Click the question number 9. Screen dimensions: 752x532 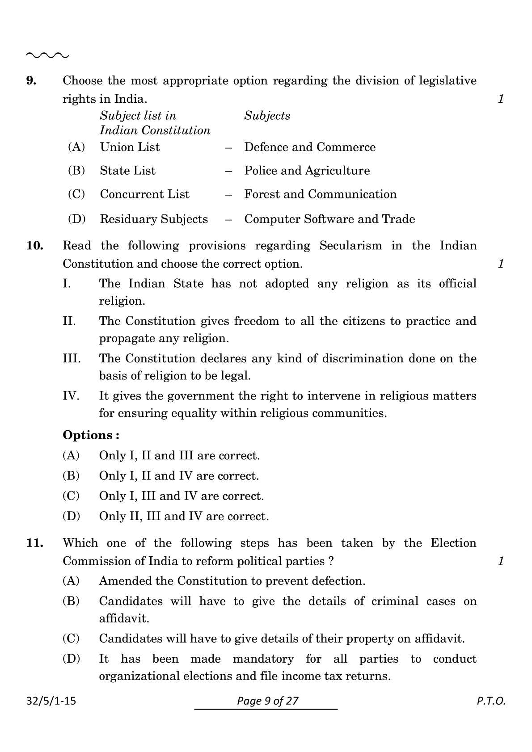(x=31, y=81)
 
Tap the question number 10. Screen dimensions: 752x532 (x=35, y=246)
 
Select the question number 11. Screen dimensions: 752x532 (x=35, y=543)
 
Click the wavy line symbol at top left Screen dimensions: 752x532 (x=47, y=55)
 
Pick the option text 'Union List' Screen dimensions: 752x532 (x=130, y=147)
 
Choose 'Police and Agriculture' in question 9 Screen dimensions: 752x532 (x=307, y=171)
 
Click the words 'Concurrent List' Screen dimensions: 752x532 (x=144, y=194)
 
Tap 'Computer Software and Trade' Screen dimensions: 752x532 (x=329, y=219)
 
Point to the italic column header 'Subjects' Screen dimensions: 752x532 (x=267, y=116)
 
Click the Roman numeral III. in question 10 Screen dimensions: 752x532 (x=72, y=358)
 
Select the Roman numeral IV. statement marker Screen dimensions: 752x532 (x=71, y=396)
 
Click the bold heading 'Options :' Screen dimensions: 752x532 (x=91, y=435)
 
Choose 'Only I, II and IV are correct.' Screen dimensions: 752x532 (x=179, y=476)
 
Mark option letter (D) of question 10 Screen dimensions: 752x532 (x=71, y=516)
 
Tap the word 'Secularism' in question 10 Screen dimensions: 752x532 (x=350, y=246)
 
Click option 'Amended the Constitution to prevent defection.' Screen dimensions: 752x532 (x=232, y=581)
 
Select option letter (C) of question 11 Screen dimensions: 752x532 (x=71, y=639)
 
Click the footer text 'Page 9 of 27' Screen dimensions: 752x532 (x=267, y=701)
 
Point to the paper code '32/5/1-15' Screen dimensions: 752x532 (x=51, y=701)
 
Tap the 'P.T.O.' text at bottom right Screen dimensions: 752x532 (x=490, y=701)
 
